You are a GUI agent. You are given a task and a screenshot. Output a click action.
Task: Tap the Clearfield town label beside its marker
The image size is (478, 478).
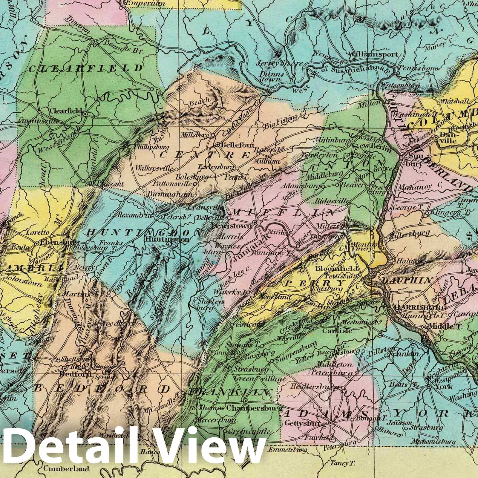65,110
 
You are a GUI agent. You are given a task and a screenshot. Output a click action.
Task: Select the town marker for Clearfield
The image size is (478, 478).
85,114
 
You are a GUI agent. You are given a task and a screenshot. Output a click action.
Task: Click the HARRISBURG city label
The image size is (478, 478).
420,307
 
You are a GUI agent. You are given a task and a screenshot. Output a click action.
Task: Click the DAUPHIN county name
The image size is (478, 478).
407,280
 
